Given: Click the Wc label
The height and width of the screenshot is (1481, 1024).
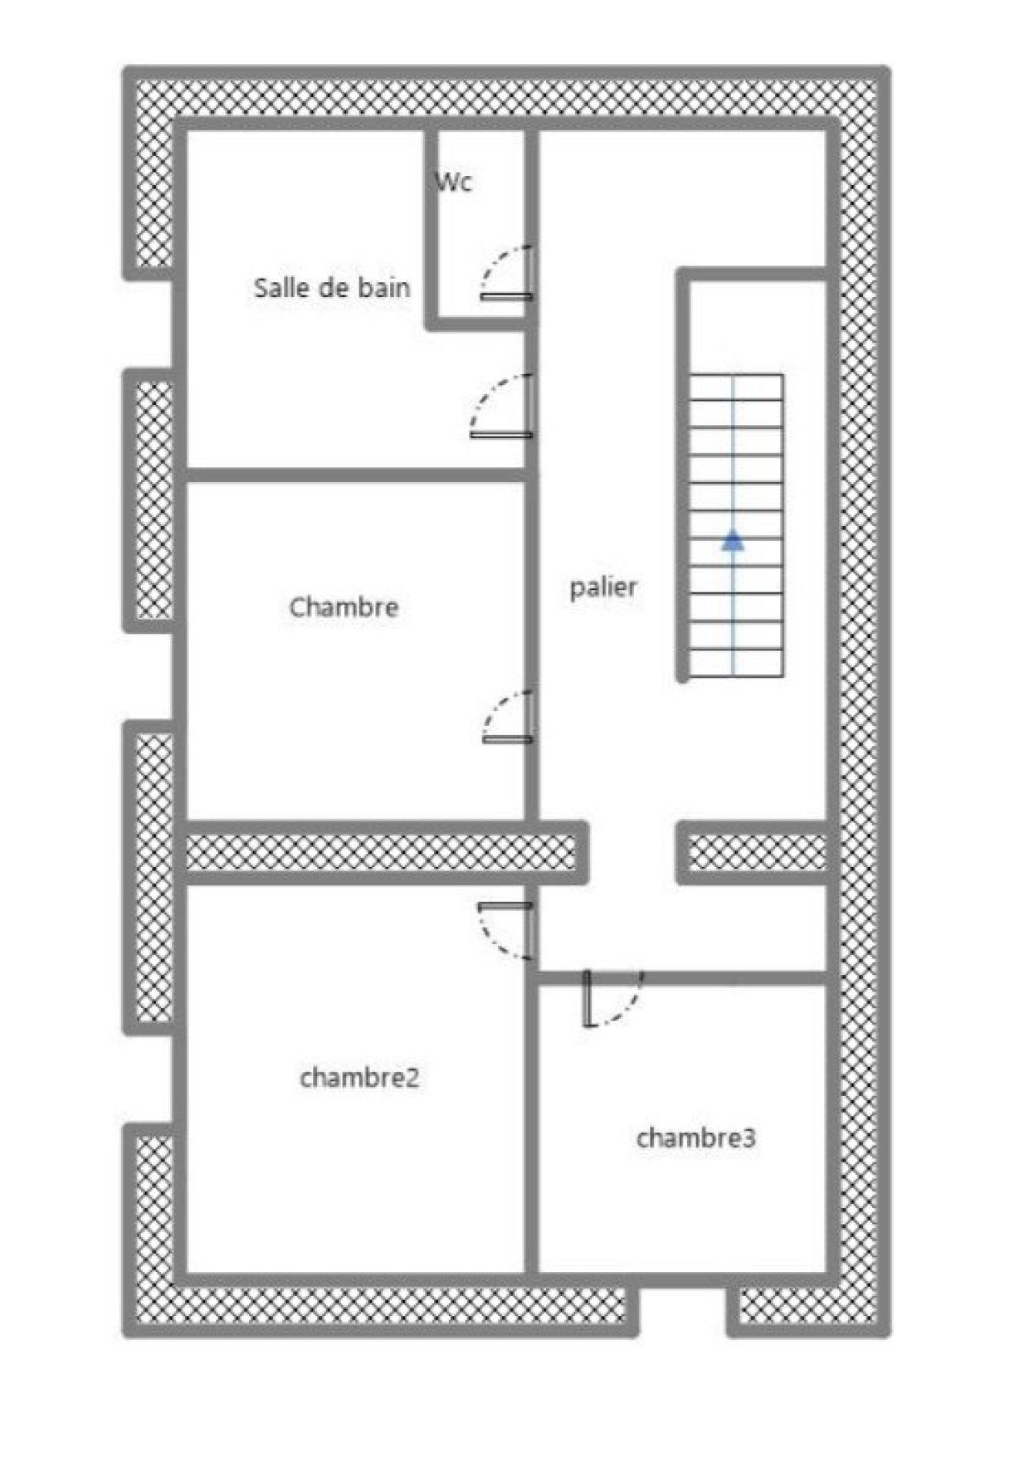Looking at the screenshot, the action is pos(453,182).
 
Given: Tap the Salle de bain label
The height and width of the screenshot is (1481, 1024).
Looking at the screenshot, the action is pos(332,288).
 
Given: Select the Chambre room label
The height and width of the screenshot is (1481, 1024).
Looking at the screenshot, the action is pos(344,607).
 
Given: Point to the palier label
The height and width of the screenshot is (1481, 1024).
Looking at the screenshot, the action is pos(603,588).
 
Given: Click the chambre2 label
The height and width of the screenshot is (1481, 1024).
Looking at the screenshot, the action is pos(359,1078).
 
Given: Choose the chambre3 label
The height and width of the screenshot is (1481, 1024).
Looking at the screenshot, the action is pos(696,1138).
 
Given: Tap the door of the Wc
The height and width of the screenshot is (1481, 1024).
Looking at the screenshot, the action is pos(507,273).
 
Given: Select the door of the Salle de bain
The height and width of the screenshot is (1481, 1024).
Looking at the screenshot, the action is pos(502,406).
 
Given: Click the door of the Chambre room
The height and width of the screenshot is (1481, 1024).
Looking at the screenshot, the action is pos(508,717).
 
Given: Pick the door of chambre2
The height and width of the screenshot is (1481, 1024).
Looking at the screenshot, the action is pos(506,930).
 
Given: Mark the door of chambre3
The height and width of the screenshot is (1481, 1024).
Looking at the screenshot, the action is pos(614,998).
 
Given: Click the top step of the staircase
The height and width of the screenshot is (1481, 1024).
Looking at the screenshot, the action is pos(736,387).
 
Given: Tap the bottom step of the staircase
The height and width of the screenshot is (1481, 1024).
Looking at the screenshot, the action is pos(736,663).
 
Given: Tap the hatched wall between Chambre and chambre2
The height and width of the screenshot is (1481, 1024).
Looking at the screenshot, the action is pos(382,852).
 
